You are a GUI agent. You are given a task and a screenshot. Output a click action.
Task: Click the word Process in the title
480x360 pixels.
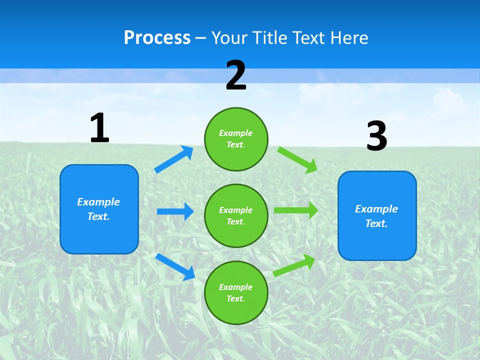click(157, 38)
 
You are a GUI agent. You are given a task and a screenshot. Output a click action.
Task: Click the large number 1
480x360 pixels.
click(99, 128)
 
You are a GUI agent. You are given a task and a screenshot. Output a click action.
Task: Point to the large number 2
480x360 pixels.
click(236, 75)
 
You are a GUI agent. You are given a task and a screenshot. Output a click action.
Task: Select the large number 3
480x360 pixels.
click(376, 136)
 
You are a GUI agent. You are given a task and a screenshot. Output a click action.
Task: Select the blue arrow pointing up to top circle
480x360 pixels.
click(174, 159)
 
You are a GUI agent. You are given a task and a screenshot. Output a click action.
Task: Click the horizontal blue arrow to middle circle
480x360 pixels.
click(175, 211)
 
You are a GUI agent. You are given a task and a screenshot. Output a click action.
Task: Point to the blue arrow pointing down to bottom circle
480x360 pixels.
click(175, 266)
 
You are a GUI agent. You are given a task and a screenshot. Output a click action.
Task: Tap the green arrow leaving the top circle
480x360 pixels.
click(297, 159)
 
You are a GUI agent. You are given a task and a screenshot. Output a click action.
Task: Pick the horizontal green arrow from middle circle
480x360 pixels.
click(296, 210)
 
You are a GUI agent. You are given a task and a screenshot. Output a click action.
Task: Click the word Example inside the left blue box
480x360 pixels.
click(98, 202)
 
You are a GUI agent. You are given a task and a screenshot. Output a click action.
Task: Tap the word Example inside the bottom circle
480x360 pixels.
click(235, 287)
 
